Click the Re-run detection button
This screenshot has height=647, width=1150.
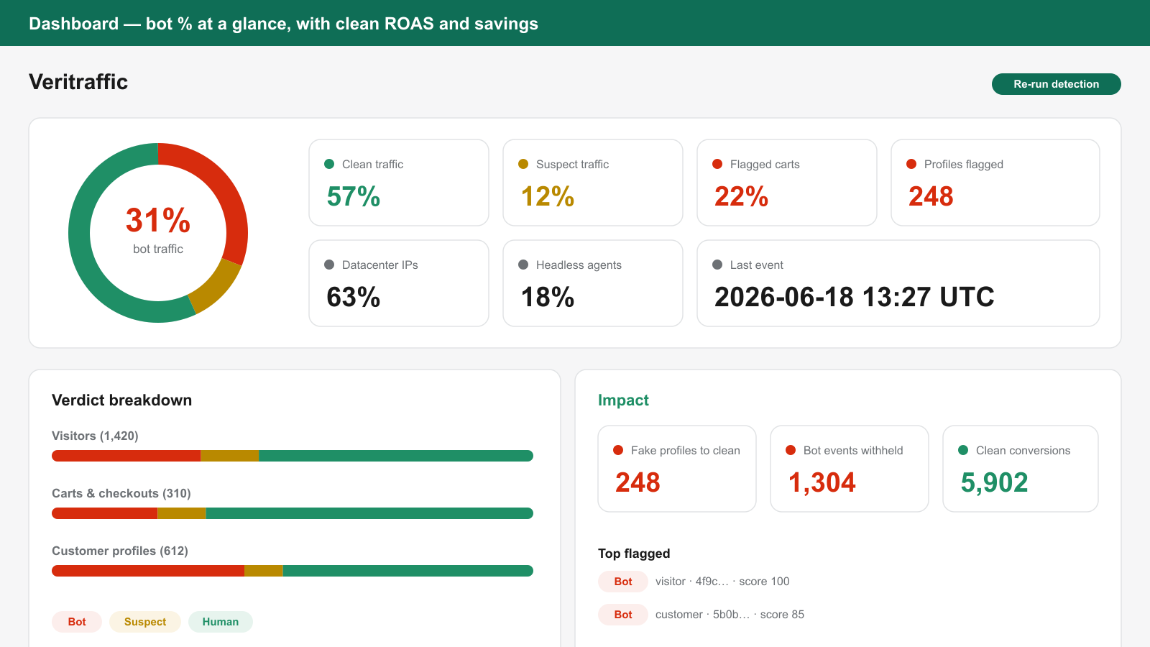[x=1056, y=84]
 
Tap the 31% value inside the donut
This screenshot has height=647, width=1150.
[x=158, y=220]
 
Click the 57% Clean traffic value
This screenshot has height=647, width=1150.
[x=353, y=197]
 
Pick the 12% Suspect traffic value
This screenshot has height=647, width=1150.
[x=547, y=197]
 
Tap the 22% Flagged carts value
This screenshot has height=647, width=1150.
[x=741, y=197]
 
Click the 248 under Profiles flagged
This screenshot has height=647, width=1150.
[x=931, y=197]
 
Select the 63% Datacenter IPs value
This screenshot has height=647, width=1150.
[x=353, y=298]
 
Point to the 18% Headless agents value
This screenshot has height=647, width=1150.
[x=547, y=298]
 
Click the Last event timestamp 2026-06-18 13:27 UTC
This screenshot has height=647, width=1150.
[x=855, y=298]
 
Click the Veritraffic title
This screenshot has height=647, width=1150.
[x=78, y=82]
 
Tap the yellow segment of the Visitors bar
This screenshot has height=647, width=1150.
[x=229, y=456]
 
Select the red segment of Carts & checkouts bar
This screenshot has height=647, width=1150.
[x=105, y=513]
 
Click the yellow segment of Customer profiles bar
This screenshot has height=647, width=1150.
[x=263, y=571]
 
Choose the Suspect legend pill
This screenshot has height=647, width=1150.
[x=144, y=622]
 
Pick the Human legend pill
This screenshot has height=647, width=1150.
[x=220, y=622]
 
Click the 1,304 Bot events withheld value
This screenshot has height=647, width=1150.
[x=822, y=482]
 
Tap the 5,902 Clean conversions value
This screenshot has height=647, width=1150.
[x=994, y=482]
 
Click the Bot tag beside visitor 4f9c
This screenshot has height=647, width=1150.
[x=622, y=582]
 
